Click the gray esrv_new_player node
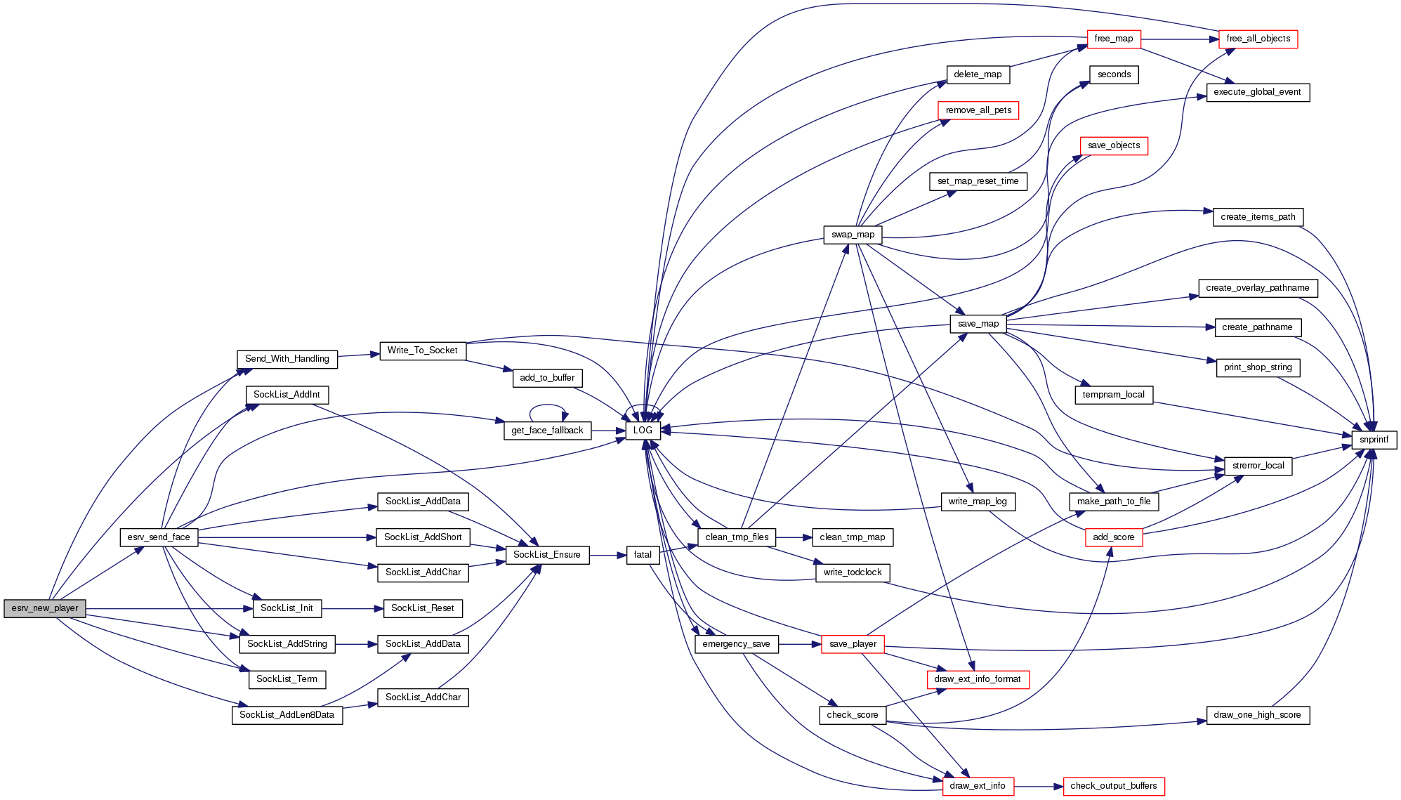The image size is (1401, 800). click(x=45, y=608)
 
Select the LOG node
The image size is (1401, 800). click(x=643, y=431)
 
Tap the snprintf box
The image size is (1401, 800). click(x=1374, y=440)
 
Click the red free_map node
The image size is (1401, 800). click(x=1113, y=39)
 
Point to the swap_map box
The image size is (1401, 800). click(x=853, y=235)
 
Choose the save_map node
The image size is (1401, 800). click(x=978, y=324)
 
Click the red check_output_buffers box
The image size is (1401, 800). click(x=1113, y=786)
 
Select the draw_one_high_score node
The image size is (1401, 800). click(x=1257, y=715)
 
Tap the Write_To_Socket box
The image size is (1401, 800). click(x=422, y=350)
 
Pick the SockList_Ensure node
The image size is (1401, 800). click(x=546, y=555)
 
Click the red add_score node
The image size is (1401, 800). click(x=1113, y=537)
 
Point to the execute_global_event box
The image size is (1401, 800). click(x=1257, y=92)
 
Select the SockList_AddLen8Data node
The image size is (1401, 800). click(x=287, y=715)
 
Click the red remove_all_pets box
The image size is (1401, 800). click(x=978, y=110)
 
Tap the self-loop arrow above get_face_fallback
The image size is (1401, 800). click(x=548, y=405)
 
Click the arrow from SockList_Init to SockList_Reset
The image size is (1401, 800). click(x=353, y=608)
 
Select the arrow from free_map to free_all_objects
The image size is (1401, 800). click(x=1180, y=39)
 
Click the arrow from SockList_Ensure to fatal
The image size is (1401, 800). click(x=607, y=555)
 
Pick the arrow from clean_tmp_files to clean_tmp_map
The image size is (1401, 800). click(x=794, y=537)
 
